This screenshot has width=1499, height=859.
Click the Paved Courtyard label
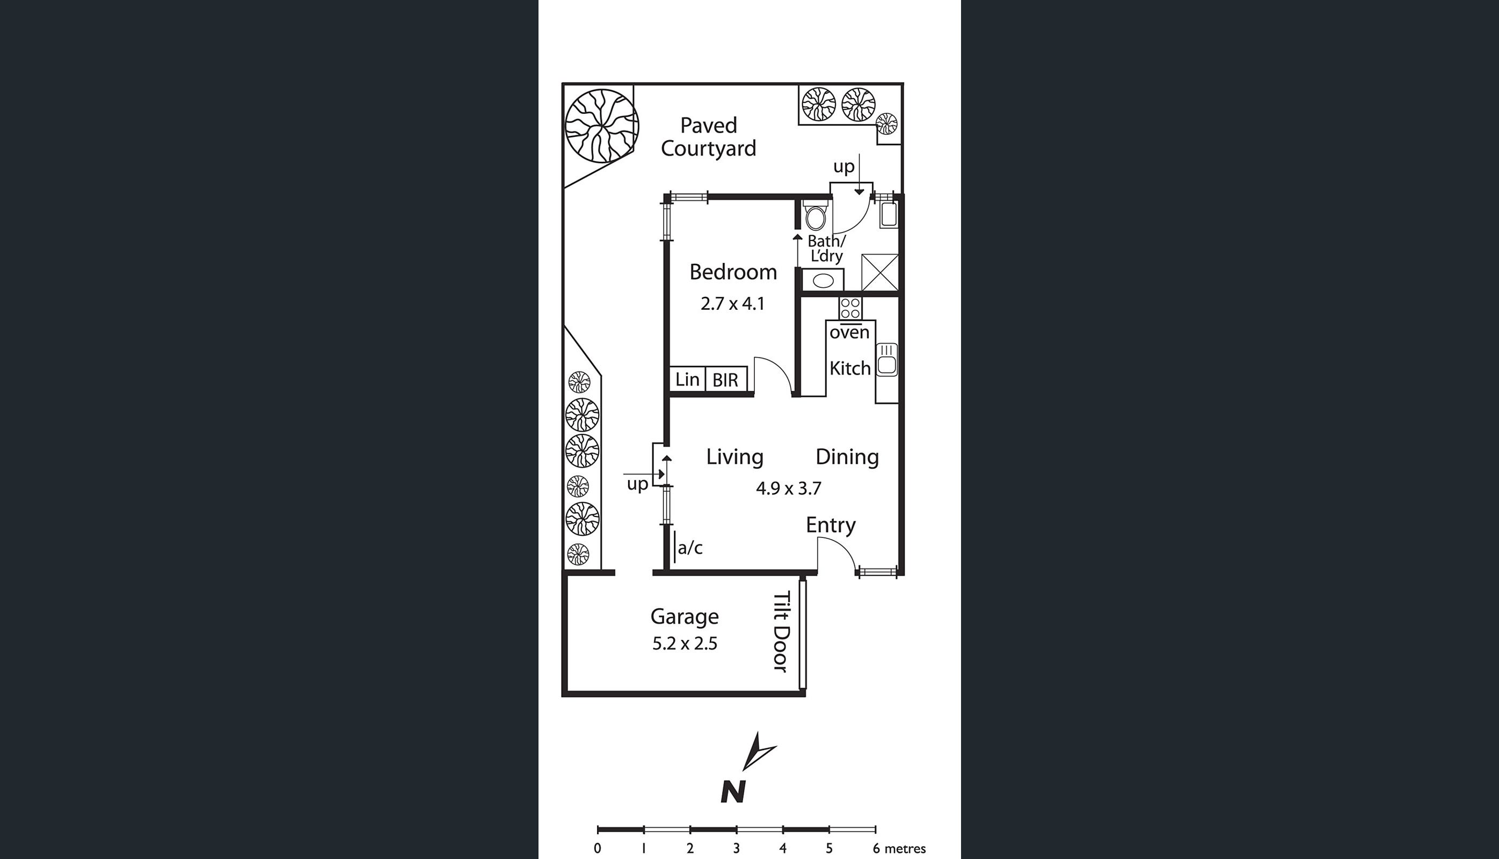pos(709,137)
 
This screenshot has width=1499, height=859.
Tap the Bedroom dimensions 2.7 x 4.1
pos(733,304)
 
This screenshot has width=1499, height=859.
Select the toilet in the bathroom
pos(816,215)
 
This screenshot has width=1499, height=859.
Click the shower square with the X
pos(879,272)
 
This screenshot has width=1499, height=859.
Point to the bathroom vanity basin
pos(823,280)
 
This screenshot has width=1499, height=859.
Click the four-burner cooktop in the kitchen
pos(850,308)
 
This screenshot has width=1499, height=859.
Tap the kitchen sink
pos(886,359)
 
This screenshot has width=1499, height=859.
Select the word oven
pos(849,333)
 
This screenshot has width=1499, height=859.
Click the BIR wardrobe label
pos(725,380)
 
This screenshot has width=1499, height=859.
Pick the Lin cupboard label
pos(687,380)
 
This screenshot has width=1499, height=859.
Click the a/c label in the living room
pos(690,548)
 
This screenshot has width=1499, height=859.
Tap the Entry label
pos(831,525)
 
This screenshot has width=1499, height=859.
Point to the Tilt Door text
pos(781,631)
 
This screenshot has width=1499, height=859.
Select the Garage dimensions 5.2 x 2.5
pos(685,644)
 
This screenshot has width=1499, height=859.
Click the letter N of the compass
pos(733,792)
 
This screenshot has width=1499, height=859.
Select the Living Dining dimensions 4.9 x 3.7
pos(789,489)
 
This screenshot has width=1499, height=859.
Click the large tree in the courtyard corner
pos(602,125)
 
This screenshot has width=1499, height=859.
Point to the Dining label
pos(847,457)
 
